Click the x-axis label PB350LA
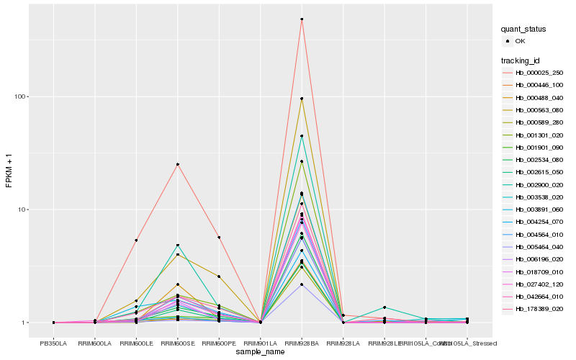54,343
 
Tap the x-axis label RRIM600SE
178,343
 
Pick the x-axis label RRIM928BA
302,343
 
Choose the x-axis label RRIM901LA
261,343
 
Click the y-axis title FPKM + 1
9,171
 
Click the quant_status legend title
524,29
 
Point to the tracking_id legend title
523,60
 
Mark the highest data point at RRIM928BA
302,19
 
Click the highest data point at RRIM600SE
178,164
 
